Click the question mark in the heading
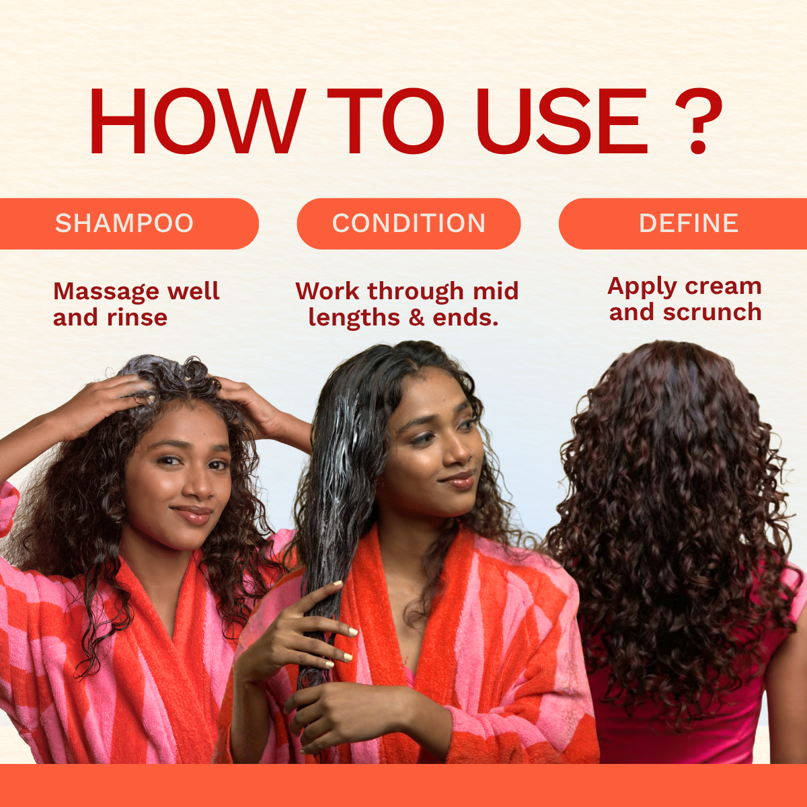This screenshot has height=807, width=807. (698, 122)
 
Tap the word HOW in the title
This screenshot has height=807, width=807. (195, 122)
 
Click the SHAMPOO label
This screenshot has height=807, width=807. (124, 223)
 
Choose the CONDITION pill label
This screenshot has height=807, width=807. (409, 223)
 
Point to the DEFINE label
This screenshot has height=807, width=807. (689, 223)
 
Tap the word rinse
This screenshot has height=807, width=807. (137, 318)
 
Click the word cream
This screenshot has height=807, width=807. (723, 287)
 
